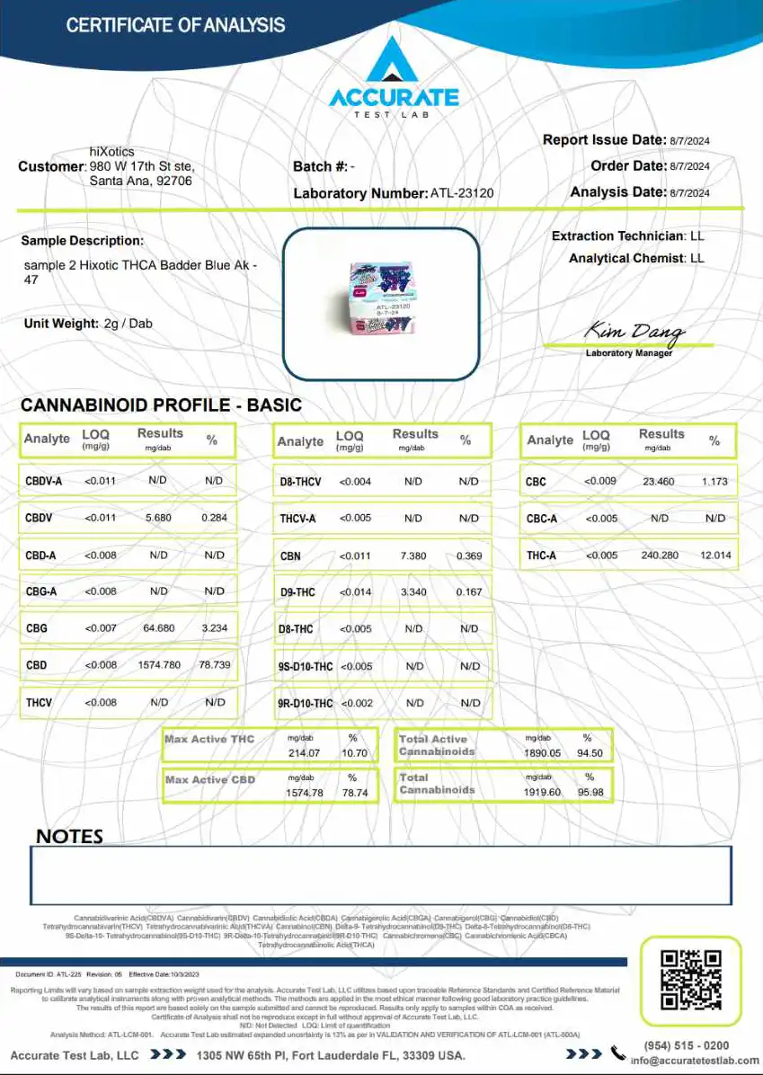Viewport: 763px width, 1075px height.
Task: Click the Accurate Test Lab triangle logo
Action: click(393, 62)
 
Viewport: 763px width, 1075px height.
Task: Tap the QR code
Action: click(690, 980)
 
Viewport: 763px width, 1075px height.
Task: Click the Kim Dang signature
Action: click(634, 333)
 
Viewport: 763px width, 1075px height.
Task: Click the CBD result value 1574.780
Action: click(159, 665)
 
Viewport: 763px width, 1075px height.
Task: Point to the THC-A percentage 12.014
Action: click(715, 555)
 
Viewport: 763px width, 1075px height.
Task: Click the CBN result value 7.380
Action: click(413, 556)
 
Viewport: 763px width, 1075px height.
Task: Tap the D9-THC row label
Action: click(297, 592)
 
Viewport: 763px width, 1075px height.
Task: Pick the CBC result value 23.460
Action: click(659, 482)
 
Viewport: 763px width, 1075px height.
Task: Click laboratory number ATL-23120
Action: click(462, 193)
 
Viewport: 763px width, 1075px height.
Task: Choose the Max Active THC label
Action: click(209, 739)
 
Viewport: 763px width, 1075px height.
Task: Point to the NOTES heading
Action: click(69, 836)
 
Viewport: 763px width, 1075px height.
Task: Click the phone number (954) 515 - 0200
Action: click(687, 1045)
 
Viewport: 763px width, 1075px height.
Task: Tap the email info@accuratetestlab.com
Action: click(694, 1061)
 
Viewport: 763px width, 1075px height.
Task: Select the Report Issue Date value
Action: click(689, 140)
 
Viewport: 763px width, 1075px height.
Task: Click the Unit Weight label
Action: click(61, 324)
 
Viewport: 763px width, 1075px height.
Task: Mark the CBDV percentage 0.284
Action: click(214, 518)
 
